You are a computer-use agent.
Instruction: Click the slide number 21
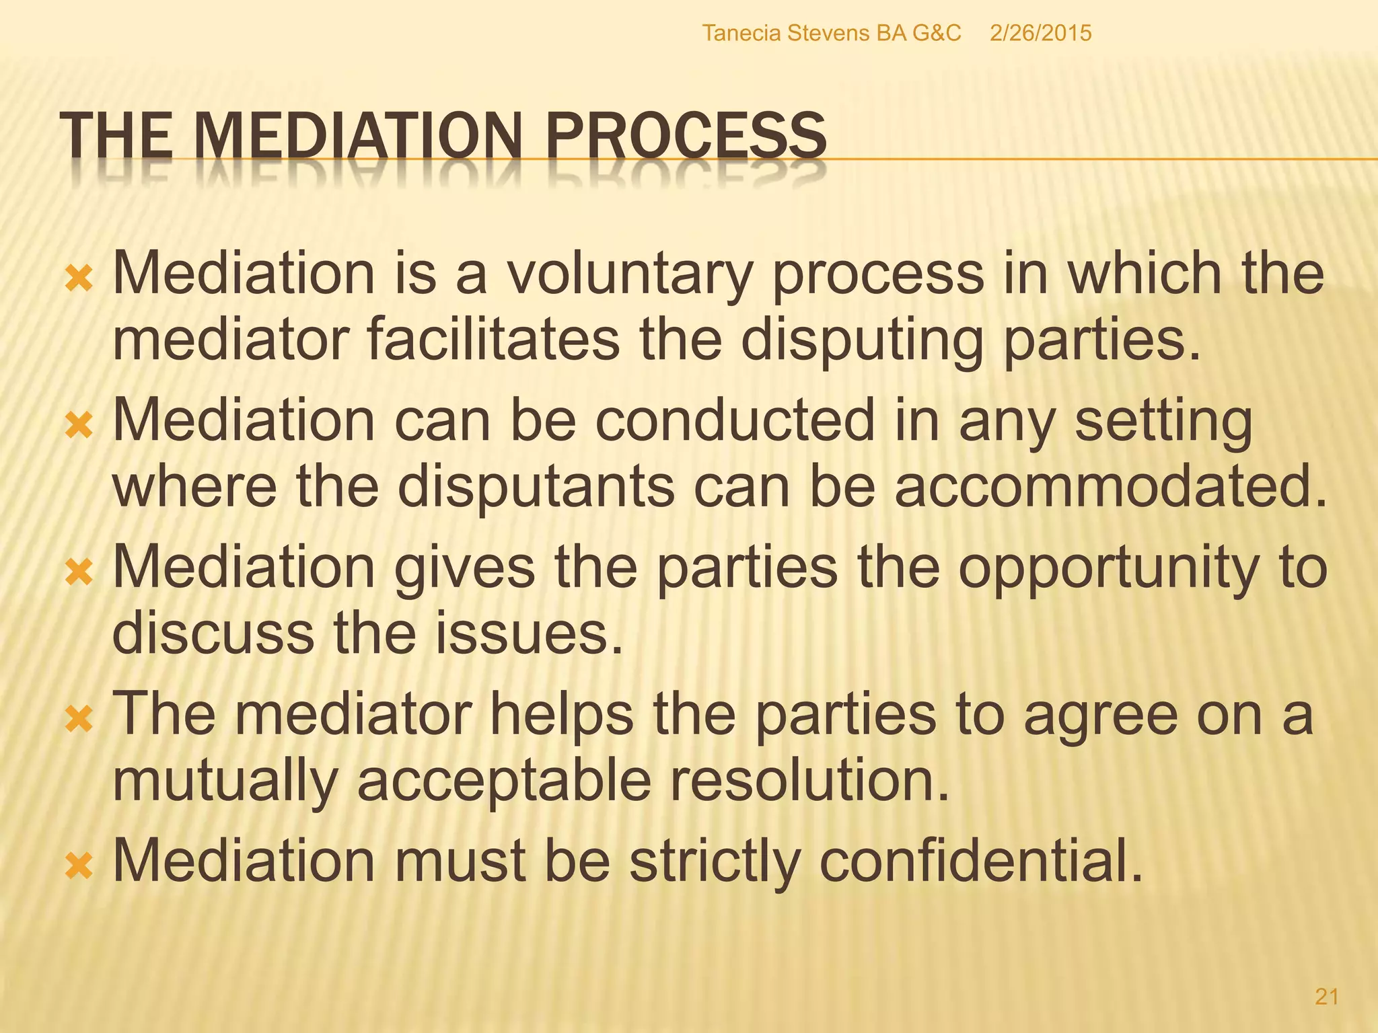click(x=1326, y=997)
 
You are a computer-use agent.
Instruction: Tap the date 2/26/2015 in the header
click(x=1040, y=33)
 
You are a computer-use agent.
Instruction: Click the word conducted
click(x=735, y=420)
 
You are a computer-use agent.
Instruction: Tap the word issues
click(x=528, y=633)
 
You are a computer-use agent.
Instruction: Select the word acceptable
click(x=504, y=781)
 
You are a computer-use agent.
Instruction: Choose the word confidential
click(x=981, y=860)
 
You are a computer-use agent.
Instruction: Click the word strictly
click(x=715, y=862)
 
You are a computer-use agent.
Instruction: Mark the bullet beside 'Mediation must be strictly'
click(x=79, y=865)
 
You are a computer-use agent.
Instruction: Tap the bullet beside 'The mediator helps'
click(x=79, y=719)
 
